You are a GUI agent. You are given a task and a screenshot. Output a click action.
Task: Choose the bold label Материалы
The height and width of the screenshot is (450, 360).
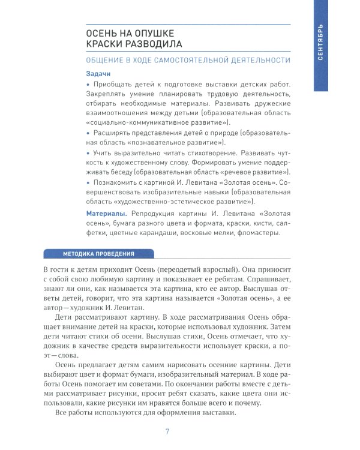pos(106,214)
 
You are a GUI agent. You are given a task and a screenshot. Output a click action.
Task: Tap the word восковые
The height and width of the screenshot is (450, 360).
pos(193,233)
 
